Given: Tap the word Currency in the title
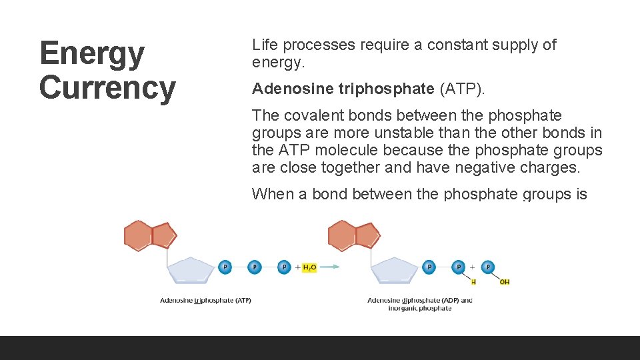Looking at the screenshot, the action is (107, 87).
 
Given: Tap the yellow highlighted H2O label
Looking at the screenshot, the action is (309, 267).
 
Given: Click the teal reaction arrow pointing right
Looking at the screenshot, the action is (329, 267).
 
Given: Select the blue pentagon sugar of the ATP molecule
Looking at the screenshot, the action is (191, 272).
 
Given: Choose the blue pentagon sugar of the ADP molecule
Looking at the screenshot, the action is (395, 272).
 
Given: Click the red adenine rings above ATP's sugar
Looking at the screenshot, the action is (151, 235).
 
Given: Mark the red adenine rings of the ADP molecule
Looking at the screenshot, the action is (354, 235).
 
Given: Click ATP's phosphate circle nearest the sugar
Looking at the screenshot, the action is (225, 267).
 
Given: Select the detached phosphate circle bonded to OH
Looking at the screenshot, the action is (488, 267).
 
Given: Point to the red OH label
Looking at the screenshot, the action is (505, 282).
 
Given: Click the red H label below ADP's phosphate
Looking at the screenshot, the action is (473, 282).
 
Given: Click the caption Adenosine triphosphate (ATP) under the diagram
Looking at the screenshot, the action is (205, 301).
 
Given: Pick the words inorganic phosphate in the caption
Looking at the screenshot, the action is (419, 309).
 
